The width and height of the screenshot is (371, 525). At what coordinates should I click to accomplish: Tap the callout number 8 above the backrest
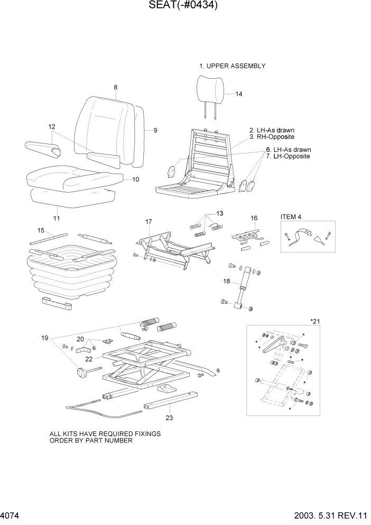click(115, 87)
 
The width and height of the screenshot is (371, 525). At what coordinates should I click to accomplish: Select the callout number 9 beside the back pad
click(155, 130)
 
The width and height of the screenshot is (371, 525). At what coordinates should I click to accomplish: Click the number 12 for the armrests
click(52, 126)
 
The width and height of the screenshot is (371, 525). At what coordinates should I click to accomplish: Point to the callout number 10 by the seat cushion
click(136, 179)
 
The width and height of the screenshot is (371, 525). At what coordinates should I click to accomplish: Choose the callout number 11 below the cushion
click(57, 218)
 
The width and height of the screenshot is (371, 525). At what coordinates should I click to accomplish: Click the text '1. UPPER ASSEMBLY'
click(232, 66)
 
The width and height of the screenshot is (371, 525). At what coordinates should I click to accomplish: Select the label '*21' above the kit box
click(316, 321)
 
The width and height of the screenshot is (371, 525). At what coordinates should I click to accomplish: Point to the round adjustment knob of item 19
click(81, 374)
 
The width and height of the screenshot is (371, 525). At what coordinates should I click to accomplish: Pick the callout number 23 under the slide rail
click(169, 418)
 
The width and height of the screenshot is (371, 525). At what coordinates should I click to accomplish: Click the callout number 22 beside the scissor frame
click(89, 359)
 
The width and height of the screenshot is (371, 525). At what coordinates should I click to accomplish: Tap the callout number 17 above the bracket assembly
click(149, 221)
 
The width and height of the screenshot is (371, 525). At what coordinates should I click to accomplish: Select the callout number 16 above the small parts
click(254, 218)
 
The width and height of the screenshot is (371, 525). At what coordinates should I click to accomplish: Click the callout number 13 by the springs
click(219, 213)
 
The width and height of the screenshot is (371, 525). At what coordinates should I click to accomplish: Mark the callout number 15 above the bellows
click(41, 230)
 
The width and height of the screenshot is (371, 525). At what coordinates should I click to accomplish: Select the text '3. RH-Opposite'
click(272, 137)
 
